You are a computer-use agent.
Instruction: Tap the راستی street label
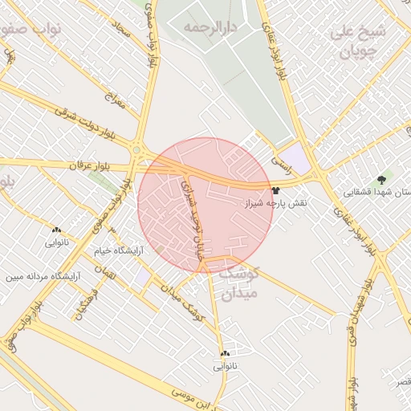pyautogui.click(x=281, y=160)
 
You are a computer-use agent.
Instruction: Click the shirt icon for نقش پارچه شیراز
pyautogui.click(x=276, y=191)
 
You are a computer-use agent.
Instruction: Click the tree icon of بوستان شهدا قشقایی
pyautogui.click(x=381, y=180)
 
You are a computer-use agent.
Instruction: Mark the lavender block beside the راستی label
pyautogui.click(x=299, y=158)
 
